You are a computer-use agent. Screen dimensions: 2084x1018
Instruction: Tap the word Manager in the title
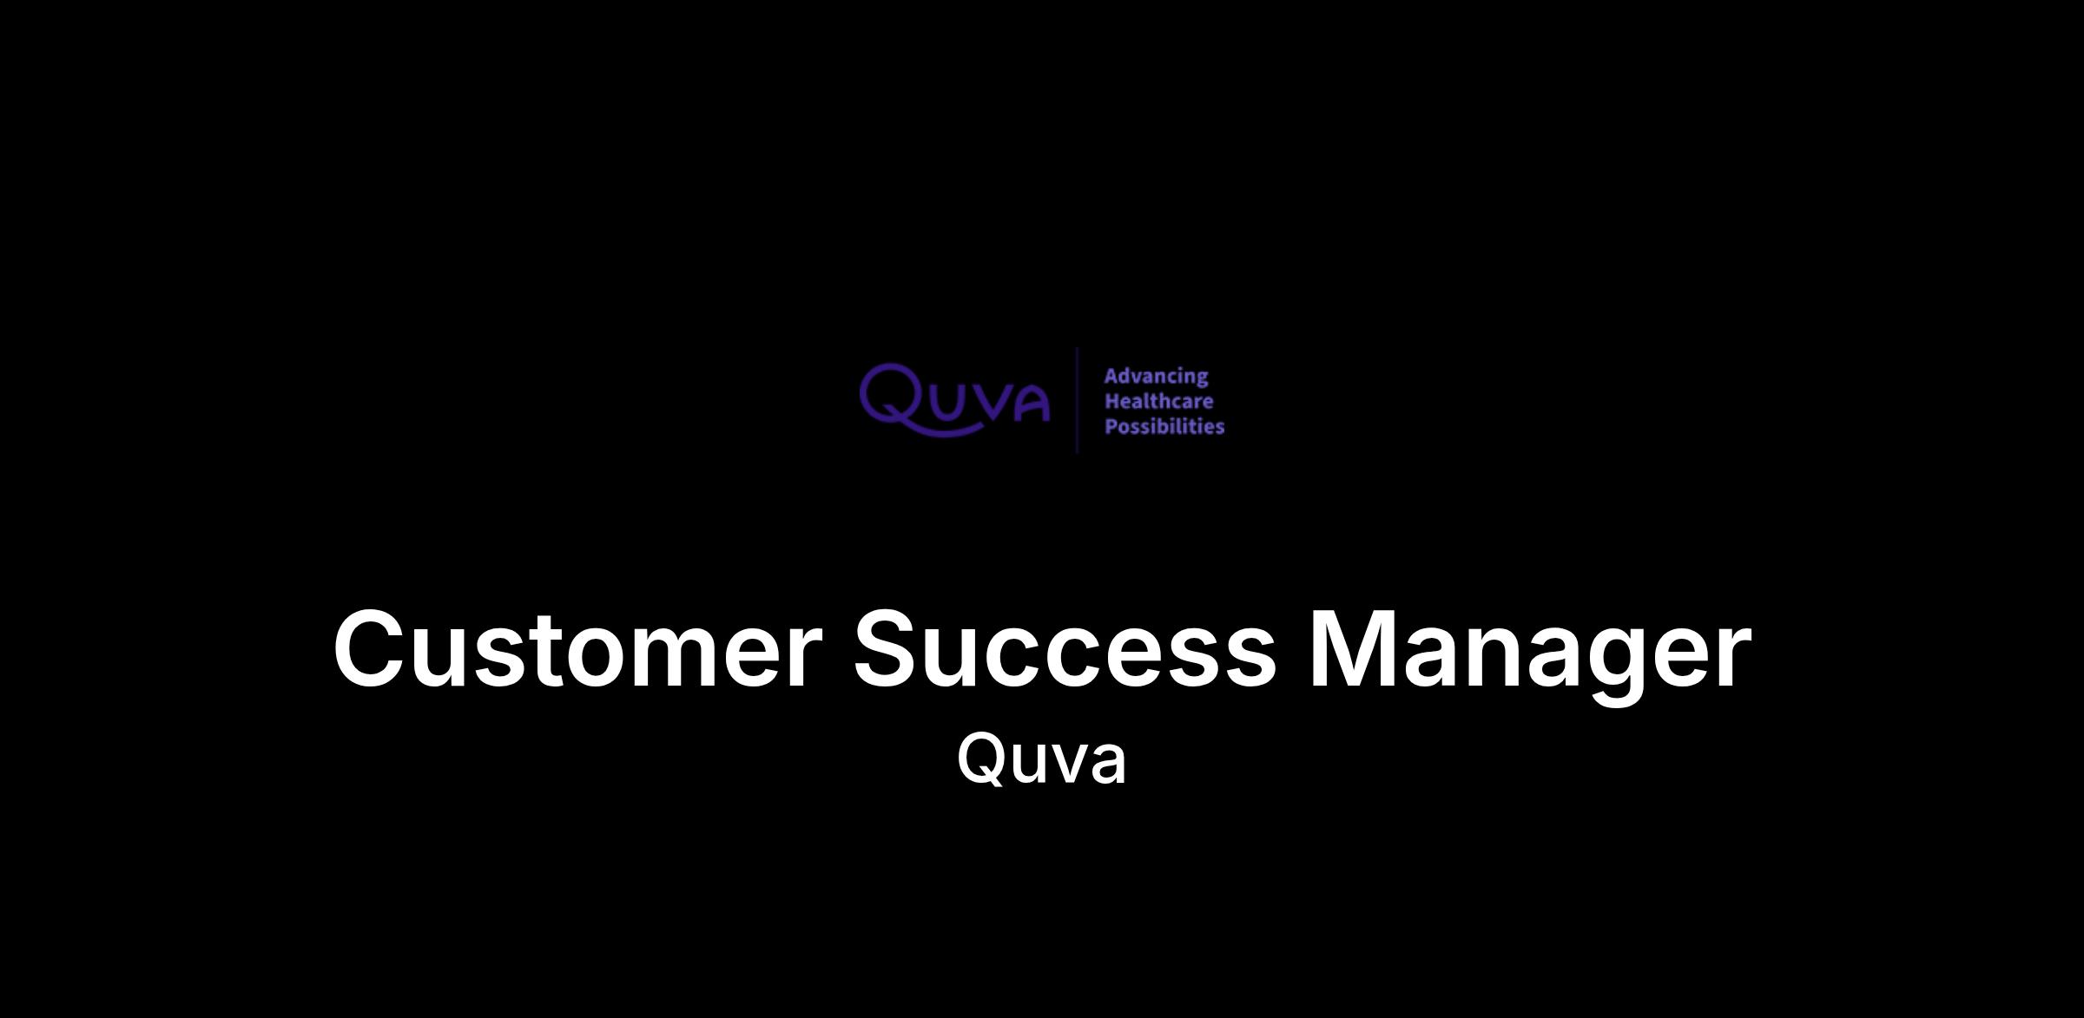click(1530, 656)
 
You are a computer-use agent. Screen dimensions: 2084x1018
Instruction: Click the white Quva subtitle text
click(1041, 758)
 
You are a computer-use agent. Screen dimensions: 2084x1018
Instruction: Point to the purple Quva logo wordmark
click(954, 399)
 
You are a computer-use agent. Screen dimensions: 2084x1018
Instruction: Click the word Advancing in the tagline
click(1156, 377)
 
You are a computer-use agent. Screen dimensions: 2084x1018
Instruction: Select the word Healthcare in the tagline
click(1158, 401)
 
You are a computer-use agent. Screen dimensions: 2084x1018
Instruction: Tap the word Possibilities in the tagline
click(1164, 426)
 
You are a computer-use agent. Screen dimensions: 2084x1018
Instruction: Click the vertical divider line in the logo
click(1078, 399)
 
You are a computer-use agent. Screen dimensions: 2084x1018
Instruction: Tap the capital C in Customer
click(373, 649)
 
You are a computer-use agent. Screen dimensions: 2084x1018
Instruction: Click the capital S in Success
click(891, 649)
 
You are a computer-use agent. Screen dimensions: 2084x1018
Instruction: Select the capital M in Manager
click(1355, 649)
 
